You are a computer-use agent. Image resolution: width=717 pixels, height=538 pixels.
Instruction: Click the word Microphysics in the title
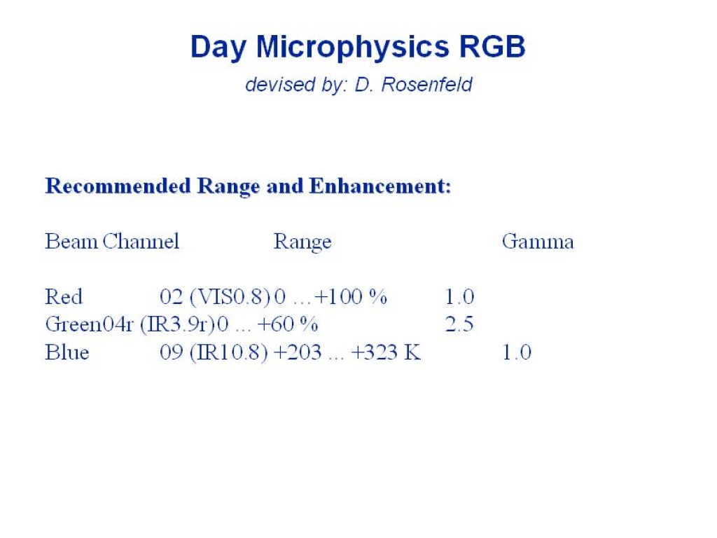tap(352, 48)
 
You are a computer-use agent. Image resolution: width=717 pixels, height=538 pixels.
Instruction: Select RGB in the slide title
tap(492, 46)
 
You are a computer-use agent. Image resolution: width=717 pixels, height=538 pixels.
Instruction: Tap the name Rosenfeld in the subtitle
tap(426, 85)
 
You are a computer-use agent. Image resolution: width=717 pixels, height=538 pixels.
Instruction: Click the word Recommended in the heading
tap(118, 186)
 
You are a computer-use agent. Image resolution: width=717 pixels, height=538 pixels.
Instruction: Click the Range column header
tap(302, 242)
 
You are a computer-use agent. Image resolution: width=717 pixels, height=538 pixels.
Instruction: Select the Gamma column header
tap(538, 242)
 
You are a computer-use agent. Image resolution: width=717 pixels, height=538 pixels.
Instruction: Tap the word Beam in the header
tap(71, 242)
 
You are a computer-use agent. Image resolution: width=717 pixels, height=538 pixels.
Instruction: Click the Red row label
tap(64, 297)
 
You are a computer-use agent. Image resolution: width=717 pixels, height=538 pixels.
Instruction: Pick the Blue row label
tap(67, 352)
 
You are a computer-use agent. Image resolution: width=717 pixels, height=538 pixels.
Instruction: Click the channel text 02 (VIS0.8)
tap(215, 297)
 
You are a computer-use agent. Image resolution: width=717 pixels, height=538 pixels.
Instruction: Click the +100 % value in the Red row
tap(351, 297)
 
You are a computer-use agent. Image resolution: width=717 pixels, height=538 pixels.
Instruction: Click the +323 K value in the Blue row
tap(386, 352)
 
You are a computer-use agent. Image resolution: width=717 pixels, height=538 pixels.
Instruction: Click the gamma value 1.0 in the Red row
tap(459, 297)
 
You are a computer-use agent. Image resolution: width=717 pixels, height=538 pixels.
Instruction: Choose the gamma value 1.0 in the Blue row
tap(517, 352)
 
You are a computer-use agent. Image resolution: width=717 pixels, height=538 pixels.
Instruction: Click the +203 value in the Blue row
tap(298, 352)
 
